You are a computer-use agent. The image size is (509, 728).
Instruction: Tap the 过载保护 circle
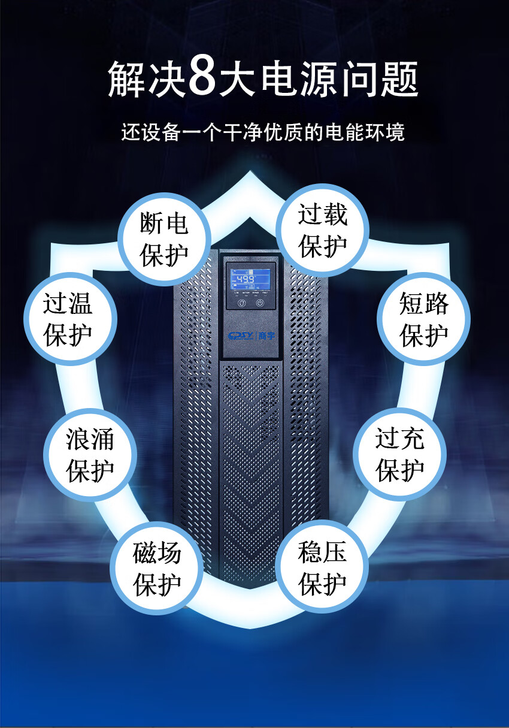pyautogui.click(x=323, y=230)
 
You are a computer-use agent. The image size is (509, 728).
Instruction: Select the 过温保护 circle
pyautogui.click(x=68, y=319)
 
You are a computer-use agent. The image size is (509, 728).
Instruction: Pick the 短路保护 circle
pyautogui.click(x=423, y=319)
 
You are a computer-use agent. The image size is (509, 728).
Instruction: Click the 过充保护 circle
pyautogui.click(x=399, y=454)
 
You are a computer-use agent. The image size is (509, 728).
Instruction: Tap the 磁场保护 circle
pyautogui.click(x=157, y=568)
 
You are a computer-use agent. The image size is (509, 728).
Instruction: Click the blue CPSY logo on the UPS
pyautogui.click(x=241, y=336)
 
